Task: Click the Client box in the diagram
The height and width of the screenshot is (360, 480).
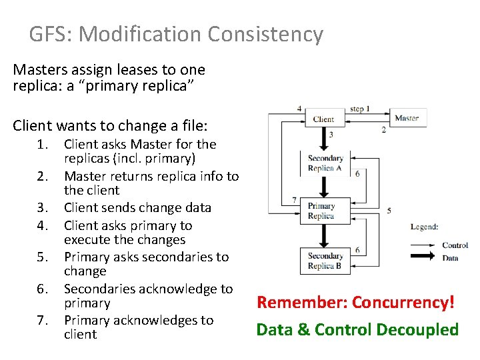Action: pos(323,119)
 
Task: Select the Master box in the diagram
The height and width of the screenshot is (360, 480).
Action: pos(406,118)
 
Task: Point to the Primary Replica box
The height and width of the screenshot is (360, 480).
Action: pos(321,211)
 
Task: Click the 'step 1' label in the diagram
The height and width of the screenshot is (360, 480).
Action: pos(360,108)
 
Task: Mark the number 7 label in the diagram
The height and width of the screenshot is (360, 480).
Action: pos(295,199)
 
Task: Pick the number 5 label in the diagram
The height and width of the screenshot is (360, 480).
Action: pos(389,210)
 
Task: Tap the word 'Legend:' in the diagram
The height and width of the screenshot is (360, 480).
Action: pos(424,227)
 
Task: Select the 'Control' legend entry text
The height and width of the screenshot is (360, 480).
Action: pos(455,245)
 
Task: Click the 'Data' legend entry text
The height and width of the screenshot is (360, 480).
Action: pos(451,258)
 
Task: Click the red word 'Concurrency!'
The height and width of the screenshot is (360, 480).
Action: pos(403,303)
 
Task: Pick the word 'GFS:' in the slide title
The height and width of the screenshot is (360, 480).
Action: pos(51,34)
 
